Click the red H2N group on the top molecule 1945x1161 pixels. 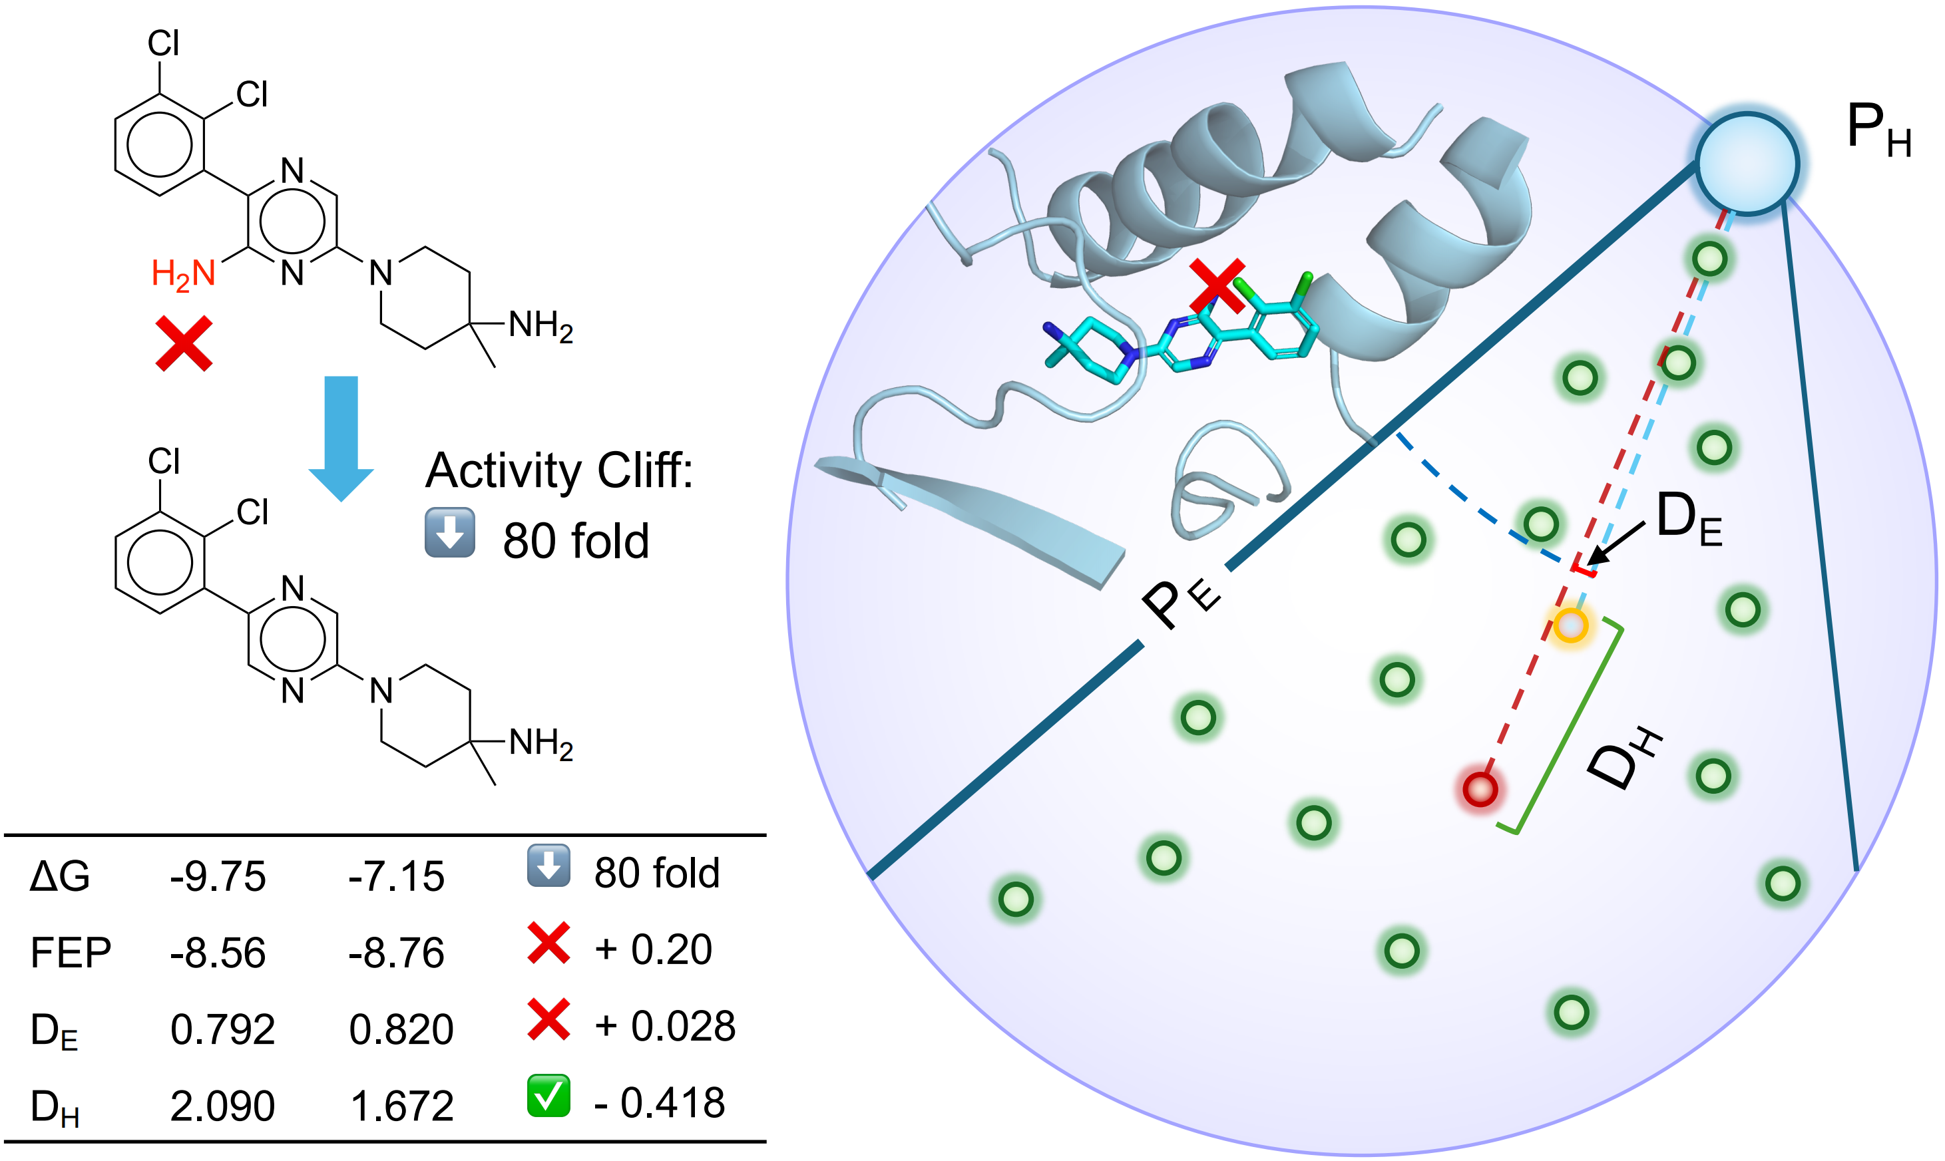click(x=183, y=274)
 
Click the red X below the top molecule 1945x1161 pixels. click(x=184, y=343)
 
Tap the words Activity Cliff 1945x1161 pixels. click(x=559, y=470)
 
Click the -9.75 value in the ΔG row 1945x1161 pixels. click(x=218, y=876)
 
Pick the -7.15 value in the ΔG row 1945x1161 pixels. click(x=396, y=876)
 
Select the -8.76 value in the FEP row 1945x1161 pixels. click(x=396, y=953)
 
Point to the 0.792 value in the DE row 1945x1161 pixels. click(x=222, y=1029)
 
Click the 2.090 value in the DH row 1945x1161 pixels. click(x=222, y=1106)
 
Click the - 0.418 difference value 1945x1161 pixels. click(x=659, y=1103)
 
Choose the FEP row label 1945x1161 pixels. click(x=71, y=953)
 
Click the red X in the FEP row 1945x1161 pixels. click(x=548, y=943)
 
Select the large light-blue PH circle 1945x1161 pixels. click(x=1747, y=164)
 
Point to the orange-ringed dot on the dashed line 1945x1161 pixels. click(x=1570, y=625)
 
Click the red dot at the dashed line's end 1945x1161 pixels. click(x=1480, y=788)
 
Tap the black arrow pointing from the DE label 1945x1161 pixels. click(x=1616, y=544)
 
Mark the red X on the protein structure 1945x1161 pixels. click(x=1217, y=286)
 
